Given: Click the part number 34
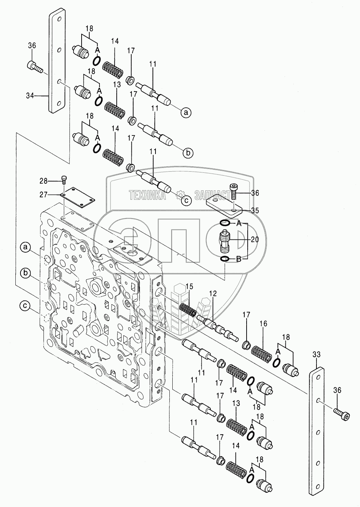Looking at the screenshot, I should point(30,96).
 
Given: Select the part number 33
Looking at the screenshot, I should point(317,354).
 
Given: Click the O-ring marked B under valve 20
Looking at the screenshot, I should point(225,259).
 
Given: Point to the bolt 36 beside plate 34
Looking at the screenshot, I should point(35,67).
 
